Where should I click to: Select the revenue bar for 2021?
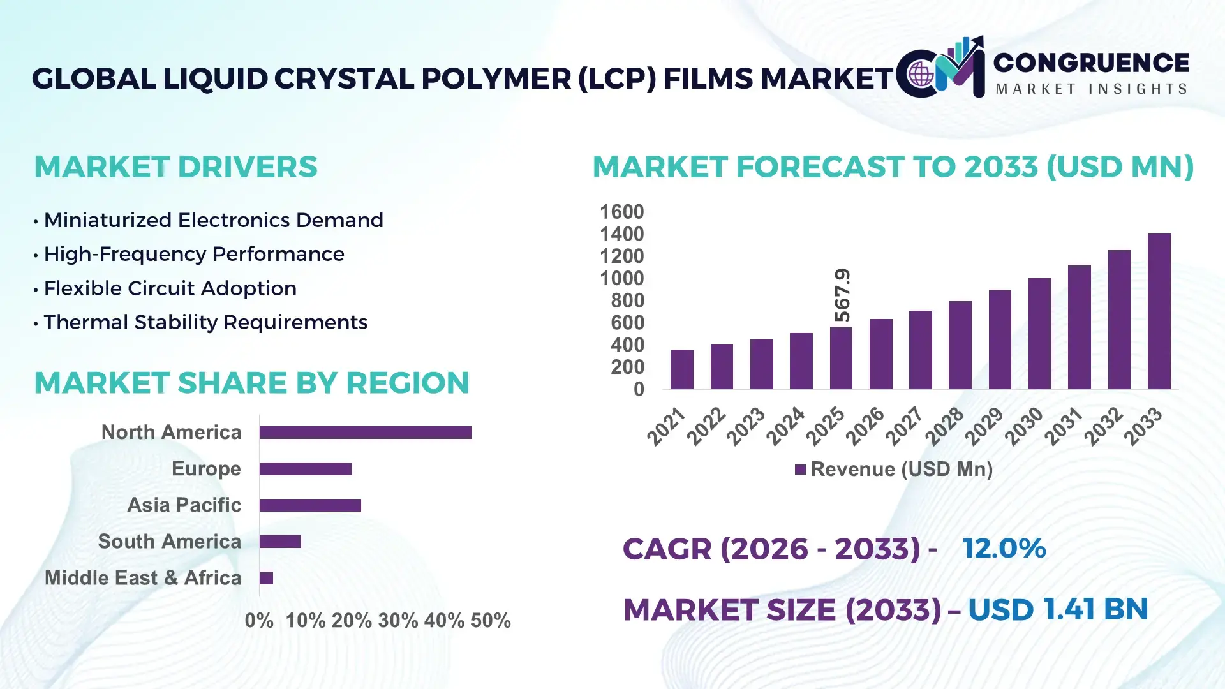point(682,369)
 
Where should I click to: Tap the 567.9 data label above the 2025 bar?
point(842,295)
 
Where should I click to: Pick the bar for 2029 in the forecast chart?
point(1000,339)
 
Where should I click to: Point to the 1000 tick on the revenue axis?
point(621,278)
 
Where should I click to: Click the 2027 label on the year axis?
point(905,426)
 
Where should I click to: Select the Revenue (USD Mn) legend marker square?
point(800,470)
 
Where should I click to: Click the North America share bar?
point(366,433)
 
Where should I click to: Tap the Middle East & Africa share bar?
point(266,578)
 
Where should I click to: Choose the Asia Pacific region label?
point(184,505)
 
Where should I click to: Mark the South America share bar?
point(280,542)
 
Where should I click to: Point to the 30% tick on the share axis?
point(397,620)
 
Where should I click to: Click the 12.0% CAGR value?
point(1004,548)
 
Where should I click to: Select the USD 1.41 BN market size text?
point(1057,609)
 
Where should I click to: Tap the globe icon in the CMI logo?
point(921,75)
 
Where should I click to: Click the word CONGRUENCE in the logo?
point(1090,63)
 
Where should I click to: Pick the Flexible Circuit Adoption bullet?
point(170,288)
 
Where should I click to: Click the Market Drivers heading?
point(175,167)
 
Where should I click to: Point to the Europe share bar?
point(306,469)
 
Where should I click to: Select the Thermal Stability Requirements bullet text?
point(205,322)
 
